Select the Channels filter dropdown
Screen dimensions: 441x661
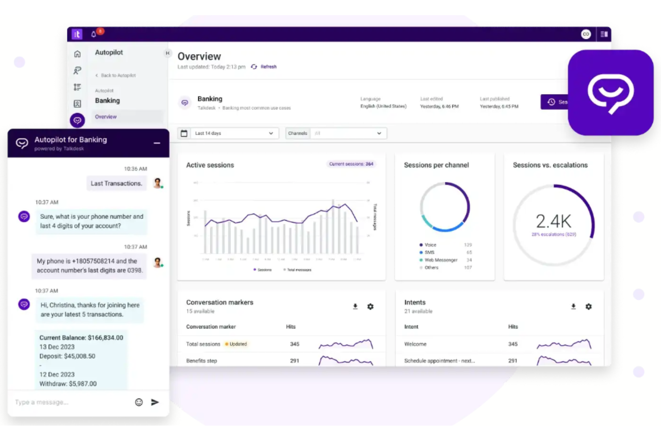coord(336,133)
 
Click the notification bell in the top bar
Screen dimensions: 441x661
coord(94,34)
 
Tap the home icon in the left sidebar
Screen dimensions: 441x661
coord(77,54)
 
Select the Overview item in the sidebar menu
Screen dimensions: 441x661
coord(106,117)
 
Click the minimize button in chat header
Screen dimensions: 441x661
coord(157,143)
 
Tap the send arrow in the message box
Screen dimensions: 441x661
coord(155,402)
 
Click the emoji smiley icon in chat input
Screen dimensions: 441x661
coord(139,402)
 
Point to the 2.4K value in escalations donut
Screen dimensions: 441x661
coord(553,221)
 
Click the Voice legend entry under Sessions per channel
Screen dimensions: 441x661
coord(430,245)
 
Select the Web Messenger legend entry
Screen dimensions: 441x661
coord(440,260)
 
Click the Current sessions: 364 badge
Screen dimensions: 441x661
coord(351,164)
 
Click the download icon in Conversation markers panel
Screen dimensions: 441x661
coord(355,307)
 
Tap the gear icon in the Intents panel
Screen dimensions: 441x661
coord(589,307)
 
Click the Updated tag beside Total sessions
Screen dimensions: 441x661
coord(236,344)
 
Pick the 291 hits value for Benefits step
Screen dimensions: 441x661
coord(294,361)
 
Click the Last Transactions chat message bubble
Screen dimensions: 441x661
coord(116,183)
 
